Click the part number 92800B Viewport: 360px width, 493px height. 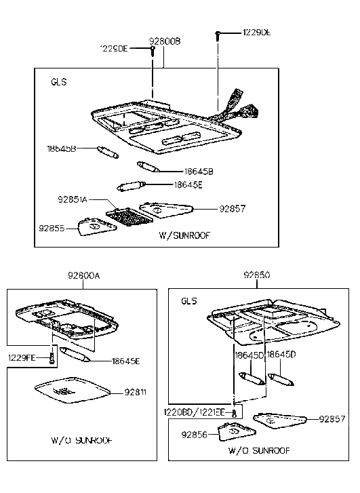(x=165, y=41)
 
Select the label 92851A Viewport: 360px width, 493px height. (x=75, y=201)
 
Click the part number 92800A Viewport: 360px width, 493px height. (x=83, y=276)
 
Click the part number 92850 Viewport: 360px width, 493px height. (x=257, y=276)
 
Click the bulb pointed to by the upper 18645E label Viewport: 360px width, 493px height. (x=130, y=185)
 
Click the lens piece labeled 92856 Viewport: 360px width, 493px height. (x=233, y=431)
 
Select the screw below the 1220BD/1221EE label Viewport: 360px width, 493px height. (x=233, y=412)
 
